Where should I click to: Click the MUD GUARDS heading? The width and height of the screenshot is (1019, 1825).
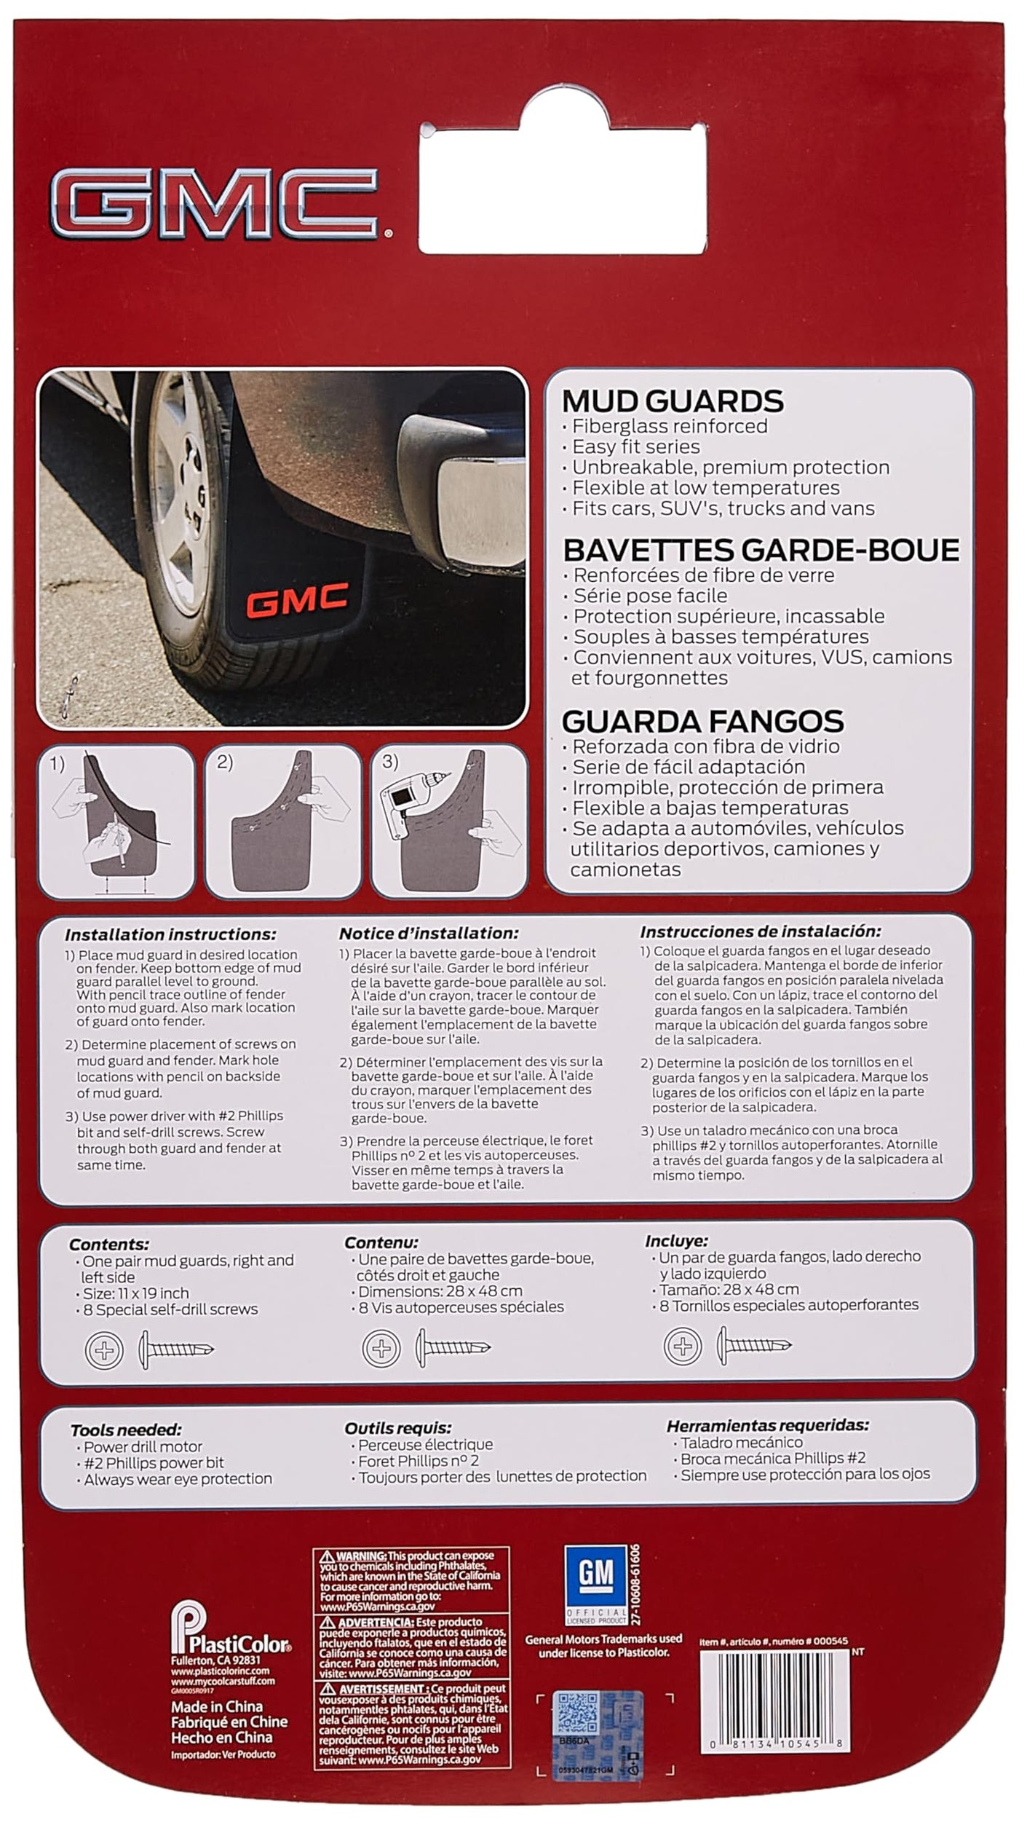click(673, 401)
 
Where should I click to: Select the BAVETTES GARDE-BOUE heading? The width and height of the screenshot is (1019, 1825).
click(761, 550)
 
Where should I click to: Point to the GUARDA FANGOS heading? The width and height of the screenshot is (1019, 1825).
click(702, 721)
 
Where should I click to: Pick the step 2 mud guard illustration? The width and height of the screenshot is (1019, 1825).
click(284, 822)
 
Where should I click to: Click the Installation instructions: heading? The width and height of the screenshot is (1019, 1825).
click(170, 934)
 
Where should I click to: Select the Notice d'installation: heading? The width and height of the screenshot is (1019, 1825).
click(429, 933)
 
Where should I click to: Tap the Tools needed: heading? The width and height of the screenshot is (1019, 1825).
click(126, 1430)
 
